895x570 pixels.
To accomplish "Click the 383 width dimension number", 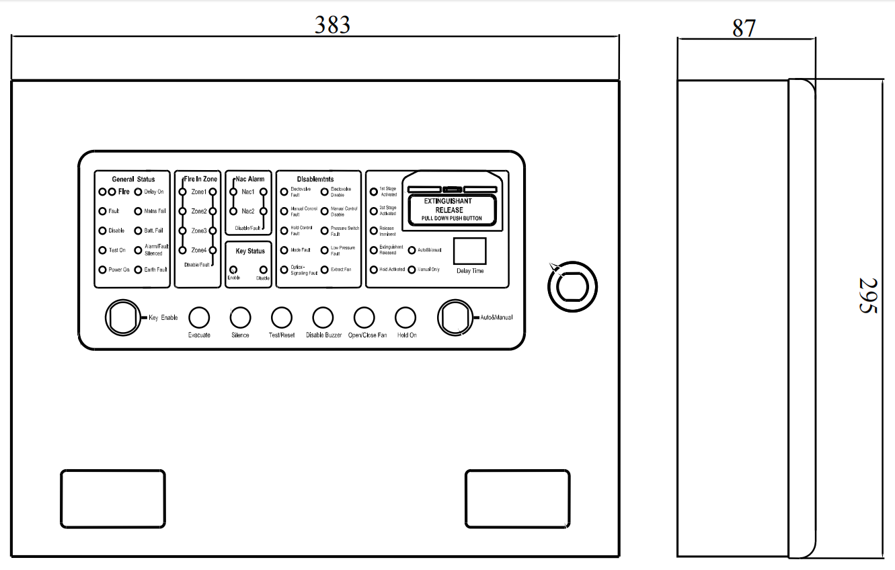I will (333, 24).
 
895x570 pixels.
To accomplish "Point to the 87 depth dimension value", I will (744, 28).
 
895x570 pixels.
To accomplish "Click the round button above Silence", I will (240, 317).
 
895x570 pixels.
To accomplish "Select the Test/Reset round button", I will (281, 317).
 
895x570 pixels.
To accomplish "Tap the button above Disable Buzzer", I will (323, 317).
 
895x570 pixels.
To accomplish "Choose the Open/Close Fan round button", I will (364, 317).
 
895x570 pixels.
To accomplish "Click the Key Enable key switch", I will (121, 317).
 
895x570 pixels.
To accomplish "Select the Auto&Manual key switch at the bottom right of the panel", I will (455, 317).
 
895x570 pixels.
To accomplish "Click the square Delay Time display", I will (469, 251).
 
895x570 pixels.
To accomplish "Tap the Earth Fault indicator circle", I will (138, 270).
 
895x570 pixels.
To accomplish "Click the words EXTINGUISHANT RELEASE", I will (448, 206).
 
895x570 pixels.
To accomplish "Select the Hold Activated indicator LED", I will (373, 270).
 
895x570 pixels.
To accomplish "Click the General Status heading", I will (133, 179).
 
